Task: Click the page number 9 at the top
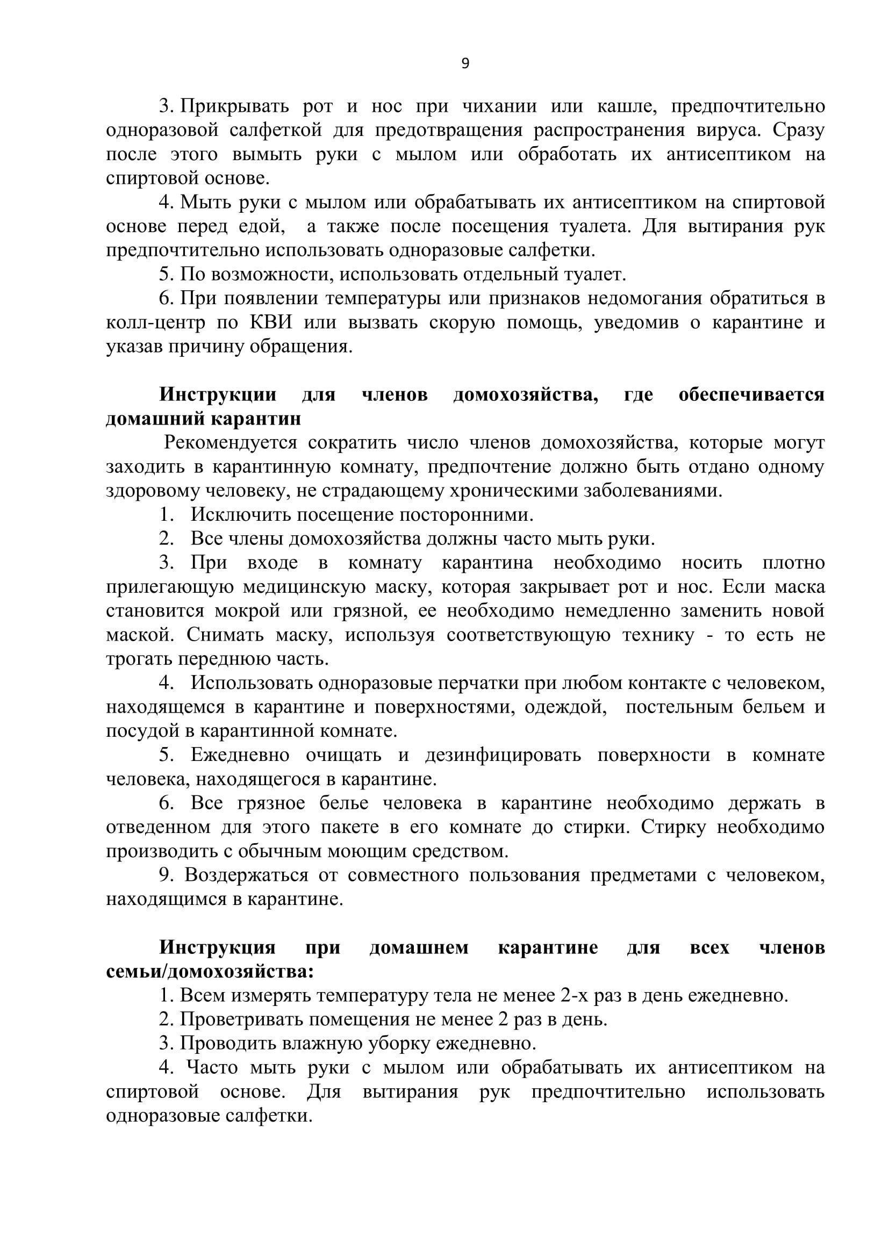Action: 465,64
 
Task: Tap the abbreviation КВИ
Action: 271,323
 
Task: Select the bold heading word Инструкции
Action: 218,395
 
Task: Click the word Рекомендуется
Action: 231,443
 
